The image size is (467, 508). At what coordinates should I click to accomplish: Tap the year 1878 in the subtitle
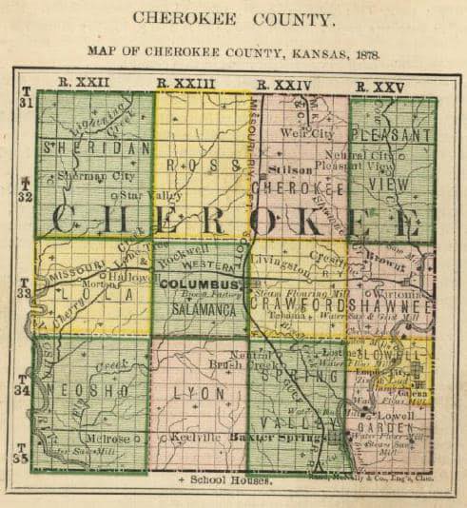[x=365, y=53]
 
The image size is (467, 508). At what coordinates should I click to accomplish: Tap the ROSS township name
[x=202, y=164]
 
